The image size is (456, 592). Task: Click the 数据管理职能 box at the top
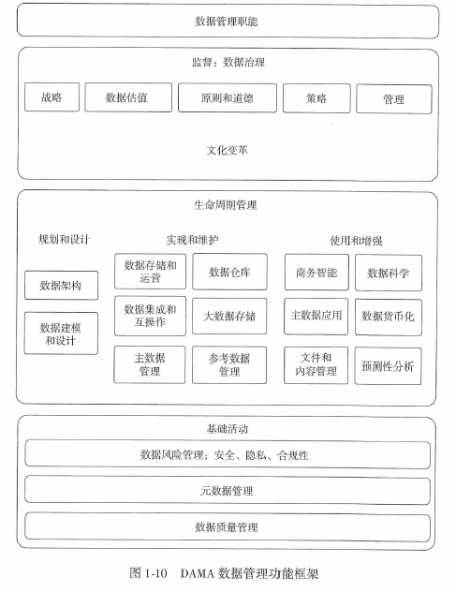pyautogui.click(x=227, y=21)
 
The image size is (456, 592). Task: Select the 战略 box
pyautogui.click(x=51, y=97)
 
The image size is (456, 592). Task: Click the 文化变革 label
pyautogui.click(x=227, y=149)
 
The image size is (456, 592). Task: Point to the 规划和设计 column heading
pyautogui.click(x=64, y=239)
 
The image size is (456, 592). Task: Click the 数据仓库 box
pyautogui.click(x=228, y=273)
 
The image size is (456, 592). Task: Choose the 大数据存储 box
pyautogui.click(x=228, y=317)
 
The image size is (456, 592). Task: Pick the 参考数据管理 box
pyautogui.click(x=228, y=365)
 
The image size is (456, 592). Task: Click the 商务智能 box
pyautogui.click(x=315, y=273)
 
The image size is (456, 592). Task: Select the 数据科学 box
pyautogui.click(x=388, y=273)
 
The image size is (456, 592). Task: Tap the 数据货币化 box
pyautogui.click(x=388, y=317)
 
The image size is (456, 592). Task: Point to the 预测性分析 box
pyautogui.click(x=388, y=365)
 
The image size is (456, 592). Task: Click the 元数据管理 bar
pyautogui.click(x=227, y=490)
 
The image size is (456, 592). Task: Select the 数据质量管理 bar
pyautogui.click(x=227, y=527)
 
